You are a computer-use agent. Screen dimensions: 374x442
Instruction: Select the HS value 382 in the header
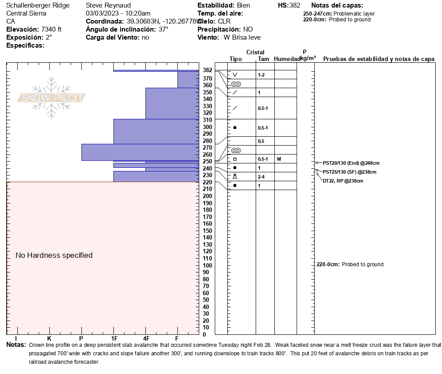[x=294, y=5]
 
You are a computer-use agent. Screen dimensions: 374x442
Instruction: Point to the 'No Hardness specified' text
[x=54, y=255]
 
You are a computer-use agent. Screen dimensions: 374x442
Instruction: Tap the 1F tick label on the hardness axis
[x=114, y=338]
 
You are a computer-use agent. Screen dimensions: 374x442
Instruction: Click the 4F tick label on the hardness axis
[x=145, y=338]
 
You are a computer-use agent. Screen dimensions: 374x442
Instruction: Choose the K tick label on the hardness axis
[x=49, y=338]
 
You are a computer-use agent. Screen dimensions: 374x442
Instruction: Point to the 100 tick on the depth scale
[x=207, y=266]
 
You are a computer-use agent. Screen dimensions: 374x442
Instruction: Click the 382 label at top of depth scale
[x=207, y=70]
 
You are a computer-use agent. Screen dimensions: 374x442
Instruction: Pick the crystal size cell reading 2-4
[x=261, y=177]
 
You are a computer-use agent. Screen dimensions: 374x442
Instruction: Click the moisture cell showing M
[x=278, y=159]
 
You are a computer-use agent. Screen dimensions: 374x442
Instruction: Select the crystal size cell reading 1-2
[x=261, y=75]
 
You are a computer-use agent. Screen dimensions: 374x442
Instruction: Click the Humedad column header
[x=287, y=59]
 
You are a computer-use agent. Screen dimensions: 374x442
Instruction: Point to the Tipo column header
[x=236, y=59]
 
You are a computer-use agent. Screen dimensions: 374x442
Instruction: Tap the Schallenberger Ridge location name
[x=38, y=5]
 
